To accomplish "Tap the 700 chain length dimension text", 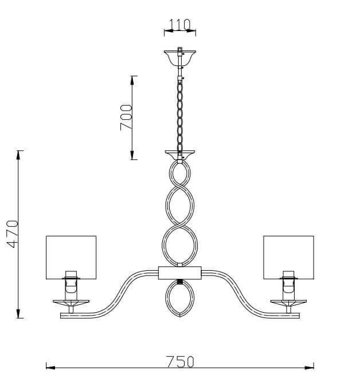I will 127,117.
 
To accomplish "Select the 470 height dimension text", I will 13,234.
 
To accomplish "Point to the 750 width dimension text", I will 180,361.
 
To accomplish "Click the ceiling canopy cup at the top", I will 179,56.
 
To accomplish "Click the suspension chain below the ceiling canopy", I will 180,115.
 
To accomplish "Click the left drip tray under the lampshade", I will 71,302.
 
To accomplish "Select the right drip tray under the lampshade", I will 288,302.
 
